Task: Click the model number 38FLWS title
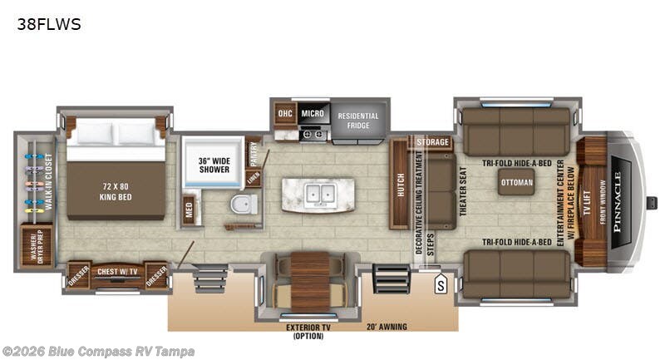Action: point(49,24)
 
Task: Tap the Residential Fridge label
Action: point(358,121)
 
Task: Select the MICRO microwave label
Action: point(313,113)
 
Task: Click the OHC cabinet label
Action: point(285,113)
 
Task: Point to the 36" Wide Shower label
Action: point(213,165)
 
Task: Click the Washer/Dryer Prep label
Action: point(37,246)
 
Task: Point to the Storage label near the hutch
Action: point(432,143)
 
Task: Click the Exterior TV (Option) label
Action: point(308,331)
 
